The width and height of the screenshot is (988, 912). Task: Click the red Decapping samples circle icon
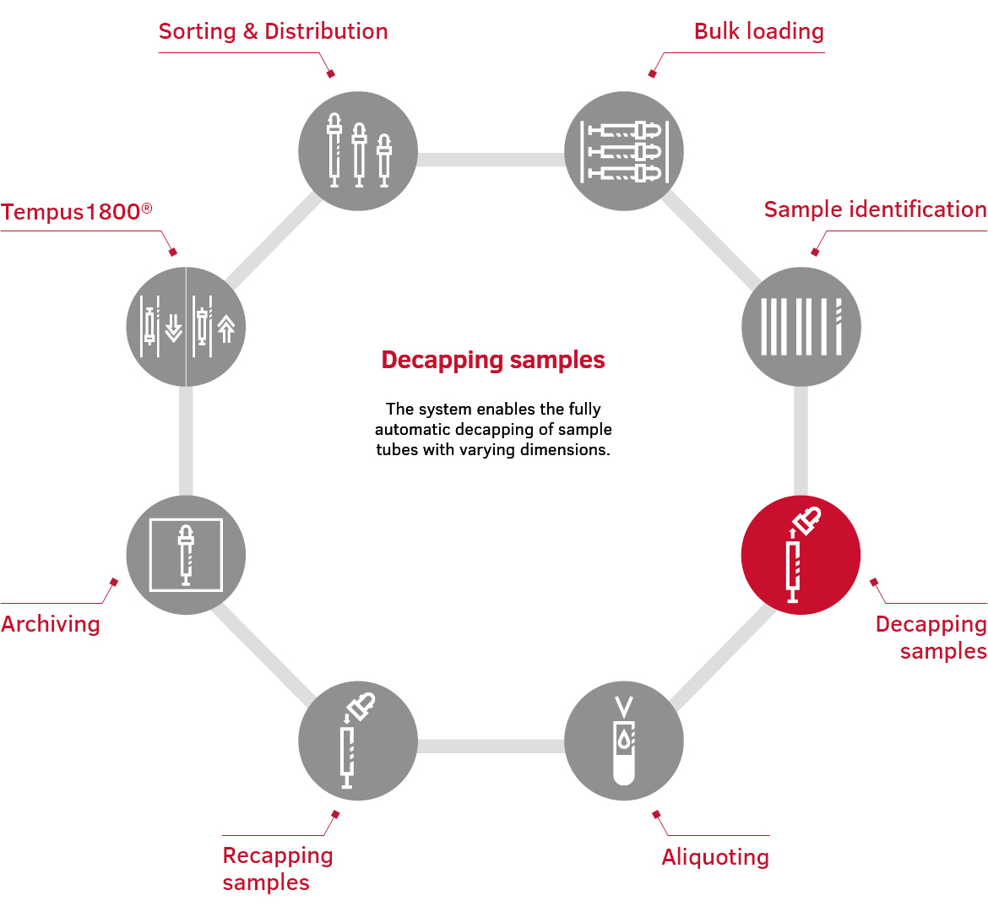[x=801, y=555]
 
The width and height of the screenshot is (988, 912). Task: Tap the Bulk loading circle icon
[x=624, y=151]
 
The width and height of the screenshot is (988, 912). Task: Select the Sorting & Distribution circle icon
[x=358, y=151]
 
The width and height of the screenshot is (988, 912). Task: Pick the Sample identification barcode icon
[x=801, y=327]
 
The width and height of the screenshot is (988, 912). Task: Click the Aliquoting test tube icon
[x=624, y=741]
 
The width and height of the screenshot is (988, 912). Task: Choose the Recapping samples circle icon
[x=358, y=741]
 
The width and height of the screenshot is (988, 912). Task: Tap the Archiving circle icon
[x=186, y=555]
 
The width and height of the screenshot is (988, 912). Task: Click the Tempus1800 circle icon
[x=186, y=327]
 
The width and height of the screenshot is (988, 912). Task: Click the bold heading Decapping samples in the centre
[x=493, y=361]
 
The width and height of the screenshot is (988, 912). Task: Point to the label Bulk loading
[x=758, y=32]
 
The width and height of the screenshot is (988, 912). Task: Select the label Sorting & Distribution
[x=273, y=32]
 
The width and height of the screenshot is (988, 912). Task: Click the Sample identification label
[x=875, y=210]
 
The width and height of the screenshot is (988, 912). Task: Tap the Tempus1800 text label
[x=71, y=212]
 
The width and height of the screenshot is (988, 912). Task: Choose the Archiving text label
[x=51, y=624]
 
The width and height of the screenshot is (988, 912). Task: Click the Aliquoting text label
[x=715, y=857]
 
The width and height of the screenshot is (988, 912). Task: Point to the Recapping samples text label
[x=277, y=868]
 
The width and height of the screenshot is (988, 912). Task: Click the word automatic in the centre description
[x=413, y=430]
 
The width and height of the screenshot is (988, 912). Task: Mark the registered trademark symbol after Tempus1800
[x=147, y=207]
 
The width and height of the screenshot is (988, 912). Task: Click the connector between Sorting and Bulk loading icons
[x=491, y=160]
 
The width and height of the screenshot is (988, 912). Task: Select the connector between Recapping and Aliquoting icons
[x=491, y=746]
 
